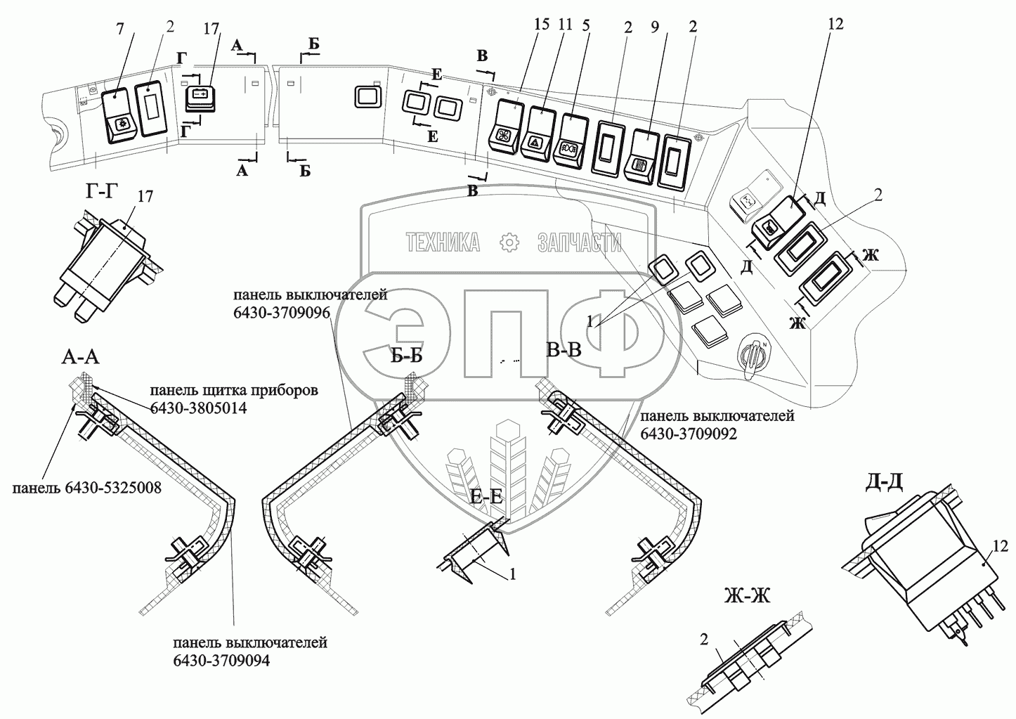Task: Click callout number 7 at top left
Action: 119,29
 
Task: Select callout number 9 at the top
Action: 655,27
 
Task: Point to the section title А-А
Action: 80,358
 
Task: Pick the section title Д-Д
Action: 884,483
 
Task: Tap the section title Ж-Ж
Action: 747,596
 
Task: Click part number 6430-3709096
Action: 282,313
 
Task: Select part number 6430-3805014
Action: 198,408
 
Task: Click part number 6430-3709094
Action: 221,661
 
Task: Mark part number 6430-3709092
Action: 689,434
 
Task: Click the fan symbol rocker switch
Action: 504,127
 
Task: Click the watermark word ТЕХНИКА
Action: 443,242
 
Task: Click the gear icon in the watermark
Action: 509,242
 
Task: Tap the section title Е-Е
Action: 486,497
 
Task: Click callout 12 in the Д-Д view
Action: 999,545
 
